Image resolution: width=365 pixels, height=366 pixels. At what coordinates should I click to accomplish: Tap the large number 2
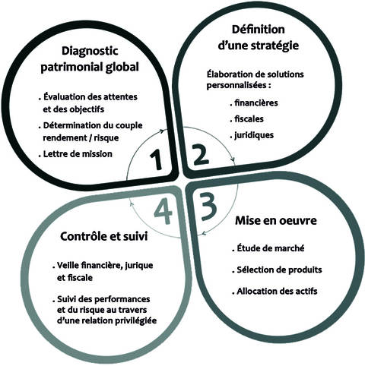click(x=200, y=155)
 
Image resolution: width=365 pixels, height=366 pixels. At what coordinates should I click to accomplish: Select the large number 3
click(x=208, y=207)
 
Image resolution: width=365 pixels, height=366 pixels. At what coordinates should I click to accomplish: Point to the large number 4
click(x=163, y=211)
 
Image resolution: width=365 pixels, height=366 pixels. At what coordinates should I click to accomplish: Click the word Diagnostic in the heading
click(x=90, y=51)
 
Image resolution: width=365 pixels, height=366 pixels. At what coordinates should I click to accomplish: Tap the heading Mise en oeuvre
click(x=276, y=220)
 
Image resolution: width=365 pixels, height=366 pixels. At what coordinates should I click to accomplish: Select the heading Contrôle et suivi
click(x=104, y=236)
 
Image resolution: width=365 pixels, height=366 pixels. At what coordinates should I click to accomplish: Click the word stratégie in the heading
click(x=275, y=46)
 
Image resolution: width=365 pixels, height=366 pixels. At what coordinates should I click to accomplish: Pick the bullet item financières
click(x=254, y=103)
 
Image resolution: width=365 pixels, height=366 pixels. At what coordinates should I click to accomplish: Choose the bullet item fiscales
click(x=247, y=119)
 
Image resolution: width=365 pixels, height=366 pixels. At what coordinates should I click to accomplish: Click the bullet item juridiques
click(x=252, y=135)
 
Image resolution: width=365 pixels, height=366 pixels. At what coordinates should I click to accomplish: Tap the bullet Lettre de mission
click(x=75, y=154)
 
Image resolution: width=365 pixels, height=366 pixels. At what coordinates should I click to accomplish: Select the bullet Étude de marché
click(x=268, y=248)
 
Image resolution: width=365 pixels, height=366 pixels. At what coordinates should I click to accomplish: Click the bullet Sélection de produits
click(x=277, y=270)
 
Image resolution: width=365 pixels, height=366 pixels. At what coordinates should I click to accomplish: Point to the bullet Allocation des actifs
click(x=275, y=292)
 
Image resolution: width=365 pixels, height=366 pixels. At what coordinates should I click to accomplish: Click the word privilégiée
click(x=136, y=320)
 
